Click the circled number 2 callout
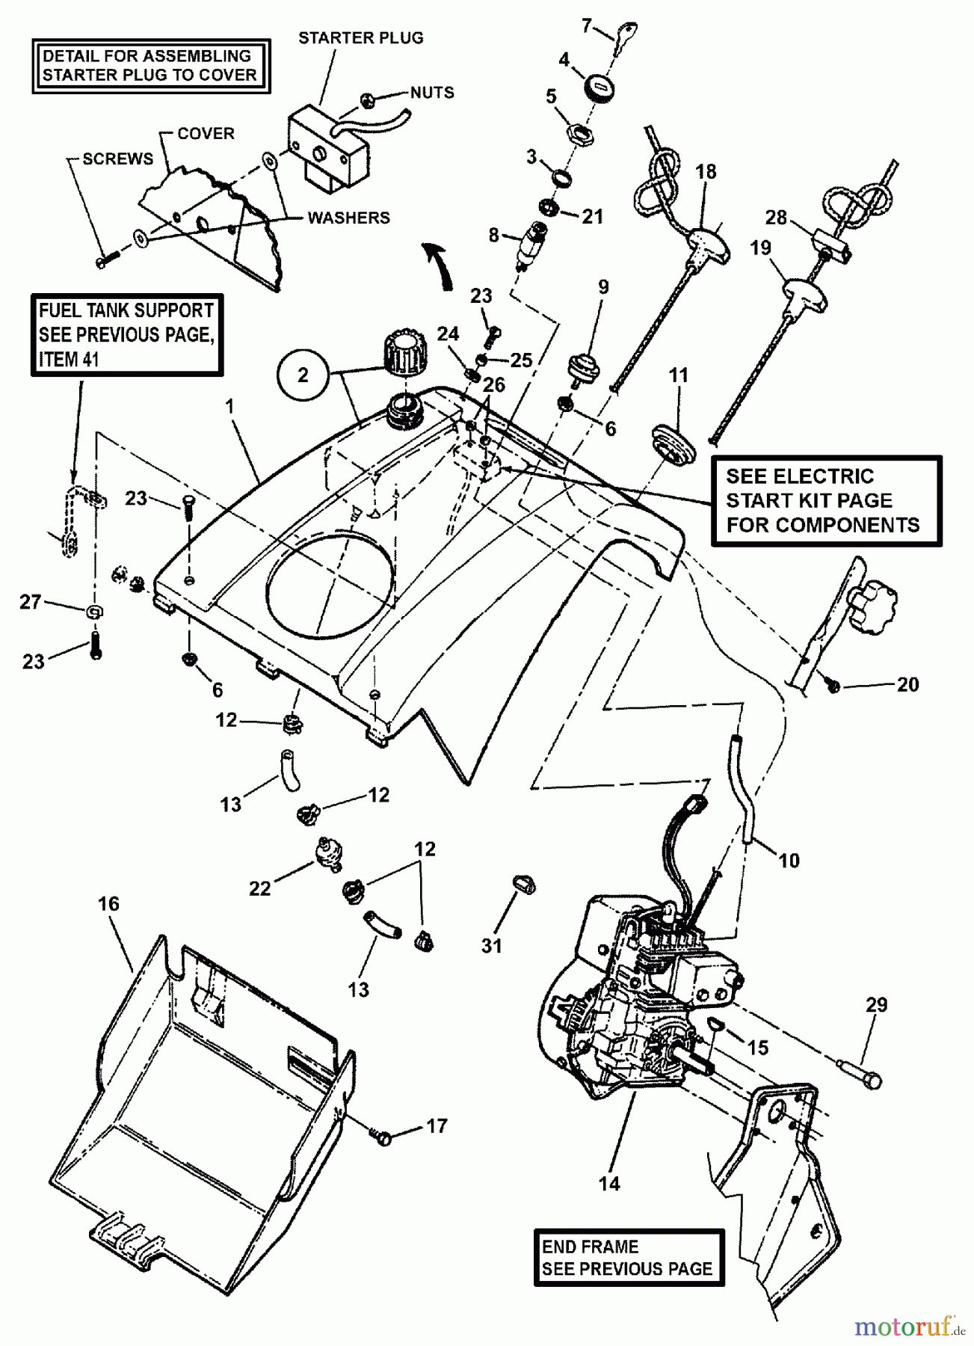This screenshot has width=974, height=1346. [x=303, y=375]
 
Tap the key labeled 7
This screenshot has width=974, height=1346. [x=624, y=34]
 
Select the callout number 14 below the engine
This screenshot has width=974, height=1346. [x=609, y=1184]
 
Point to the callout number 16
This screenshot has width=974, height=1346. [x=108, y=904]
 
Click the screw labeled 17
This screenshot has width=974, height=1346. [x=383, y=1137]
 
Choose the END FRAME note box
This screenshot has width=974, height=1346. [x=629, y=1258]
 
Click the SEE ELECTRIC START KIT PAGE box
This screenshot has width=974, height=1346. [x=825, y=501]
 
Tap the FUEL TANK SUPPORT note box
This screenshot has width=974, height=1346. [x=126, y=334]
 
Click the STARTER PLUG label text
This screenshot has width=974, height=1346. [x=360, y=37]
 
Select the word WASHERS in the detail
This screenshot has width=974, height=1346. [x=348, y=218]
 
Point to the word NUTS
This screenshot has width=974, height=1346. [x=432, y=93]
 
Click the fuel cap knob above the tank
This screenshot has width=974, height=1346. [x=404, y=351]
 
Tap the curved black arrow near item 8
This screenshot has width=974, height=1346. [x=439, y=265]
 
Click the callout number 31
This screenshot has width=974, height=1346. [x=491, y=945]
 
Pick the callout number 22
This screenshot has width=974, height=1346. [x=259, y=888]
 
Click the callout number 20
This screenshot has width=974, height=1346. [x=907, y=684]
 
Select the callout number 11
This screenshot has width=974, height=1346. [x=678, y=375]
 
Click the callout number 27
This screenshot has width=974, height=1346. [x=30, y=602]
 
